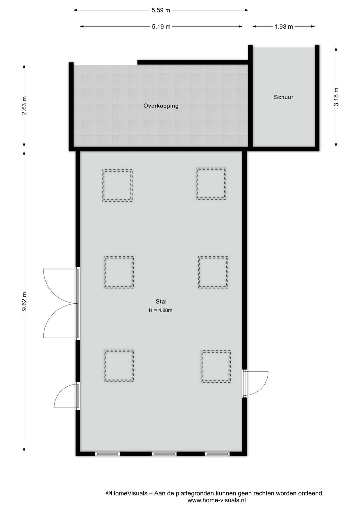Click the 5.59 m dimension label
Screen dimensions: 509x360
click(x=161, y=10)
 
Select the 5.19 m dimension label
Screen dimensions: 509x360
click(x=161, y=27)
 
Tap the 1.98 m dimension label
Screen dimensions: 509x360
click(x=284, y=27)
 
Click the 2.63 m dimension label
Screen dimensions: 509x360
click(x=24, y=105)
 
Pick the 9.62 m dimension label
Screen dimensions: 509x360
click(x=24, y=301)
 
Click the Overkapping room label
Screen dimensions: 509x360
click(x=161, y=106)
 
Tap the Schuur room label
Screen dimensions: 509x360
click(x=284, y=97)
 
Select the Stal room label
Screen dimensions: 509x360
click(x=161, y=301)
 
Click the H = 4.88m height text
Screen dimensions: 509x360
click(x=160, y=310)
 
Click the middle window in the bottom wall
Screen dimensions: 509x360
click(x=164, y=454)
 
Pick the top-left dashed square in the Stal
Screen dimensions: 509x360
click(x=117, y=185)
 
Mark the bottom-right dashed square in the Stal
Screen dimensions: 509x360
click(x=216, y=366)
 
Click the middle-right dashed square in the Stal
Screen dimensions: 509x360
click(x=213, y=272)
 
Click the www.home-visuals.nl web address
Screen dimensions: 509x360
click(x=217, y=500)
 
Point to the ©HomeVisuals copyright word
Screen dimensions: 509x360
click(x=126, y=493)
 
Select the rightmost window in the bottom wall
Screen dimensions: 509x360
click(x=217, y=454)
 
